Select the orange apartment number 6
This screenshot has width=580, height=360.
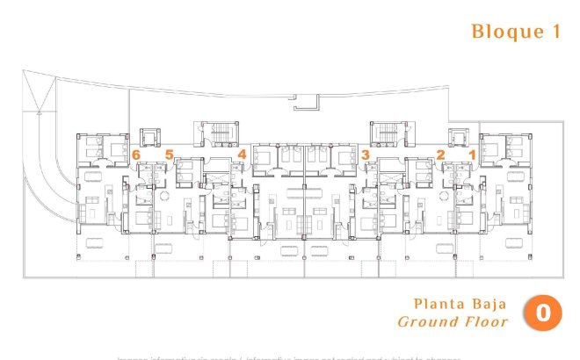tap(136, 155)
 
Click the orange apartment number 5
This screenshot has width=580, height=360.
tap(169, 155)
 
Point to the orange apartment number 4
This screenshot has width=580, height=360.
tap(242, 155)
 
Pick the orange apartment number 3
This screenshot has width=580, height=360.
tap(364, 155)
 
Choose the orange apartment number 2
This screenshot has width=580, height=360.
tap(440, 155)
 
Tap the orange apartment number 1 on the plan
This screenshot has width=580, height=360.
tap(471, 155)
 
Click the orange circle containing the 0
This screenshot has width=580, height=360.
tap(543, 313)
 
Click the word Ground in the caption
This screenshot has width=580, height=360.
tap(428, 322)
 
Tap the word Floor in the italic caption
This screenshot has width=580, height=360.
tap(487, 322)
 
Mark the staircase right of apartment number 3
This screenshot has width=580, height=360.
tap(386, 134)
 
